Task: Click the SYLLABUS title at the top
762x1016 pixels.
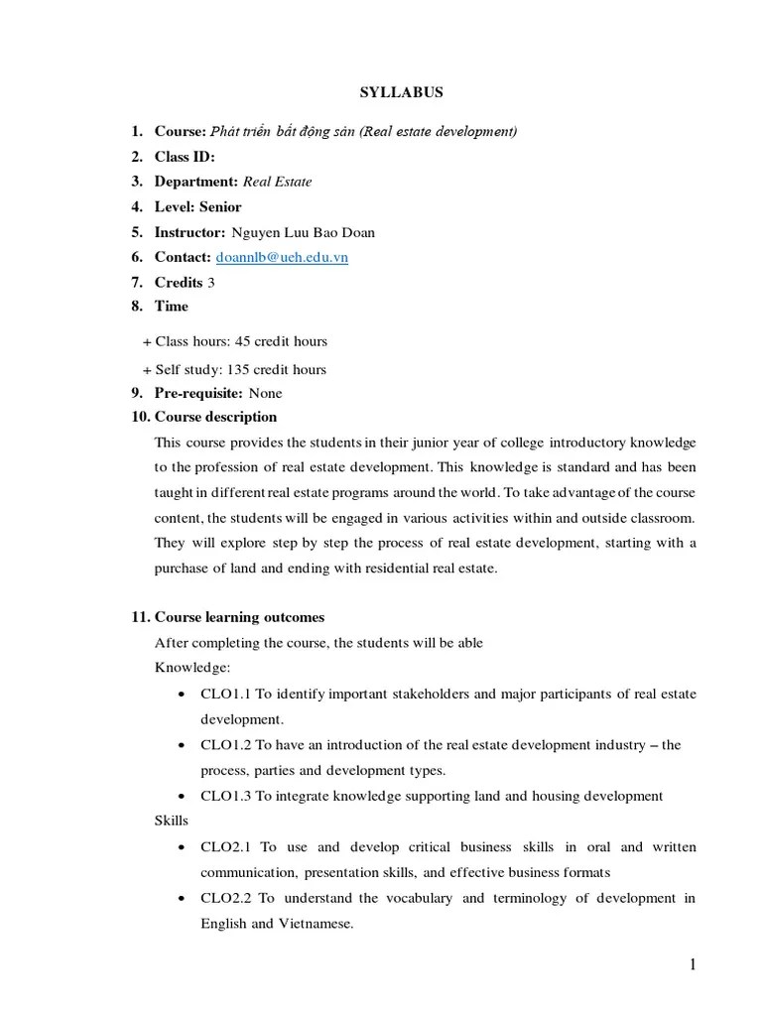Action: coord(401,92)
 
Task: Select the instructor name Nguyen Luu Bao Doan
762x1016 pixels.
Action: coord(303,232)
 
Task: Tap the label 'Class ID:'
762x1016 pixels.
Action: coord(185,157)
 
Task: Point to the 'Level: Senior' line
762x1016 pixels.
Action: coord(197,206)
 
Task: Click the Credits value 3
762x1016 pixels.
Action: coord(211,282)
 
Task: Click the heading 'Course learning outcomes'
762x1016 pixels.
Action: coord(239,617)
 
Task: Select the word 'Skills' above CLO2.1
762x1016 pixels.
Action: coord(172,821)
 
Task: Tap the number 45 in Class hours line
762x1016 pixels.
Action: coord(243,341)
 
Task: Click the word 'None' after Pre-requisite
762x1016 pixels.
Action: coord(265,393)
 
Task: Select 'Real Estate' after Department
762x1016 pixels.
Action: coord(277,182)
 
